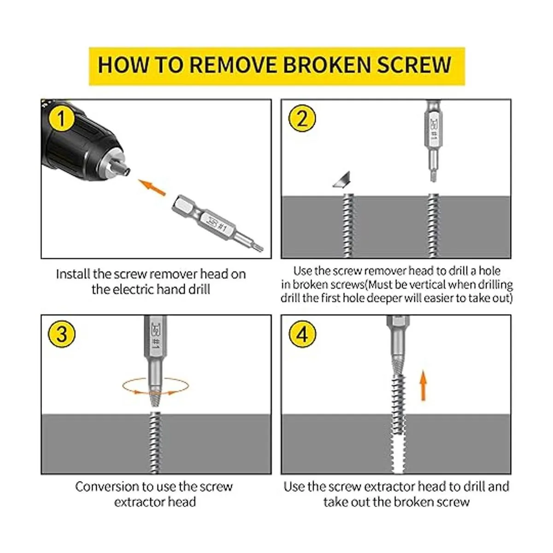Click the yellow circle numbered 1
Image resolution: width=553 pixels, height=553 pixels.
(x=61, y=118)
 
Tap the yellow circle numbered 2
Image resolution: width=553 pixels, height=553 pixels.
(x=302, y=118)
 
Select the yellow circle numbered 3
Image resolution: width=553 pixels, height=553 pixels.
(x=61, y=334)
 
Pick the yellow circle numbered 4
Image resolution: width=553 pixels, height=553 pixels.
(x=302, y=334)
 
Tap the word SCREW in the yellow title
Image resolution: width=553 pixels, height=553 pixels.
(x=414, y=65)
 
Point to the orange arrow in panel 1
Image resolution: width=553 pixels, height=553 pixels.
(x=152, y=188)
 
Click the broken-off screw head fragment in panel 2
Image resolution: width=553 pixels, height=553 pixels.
(x=343, y=179)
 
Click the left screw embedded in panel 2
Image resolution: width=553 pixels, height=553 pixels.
(x=347, y=226)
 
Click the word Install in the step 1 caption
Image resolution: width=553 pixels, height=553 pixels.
(x=73, y=274)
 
